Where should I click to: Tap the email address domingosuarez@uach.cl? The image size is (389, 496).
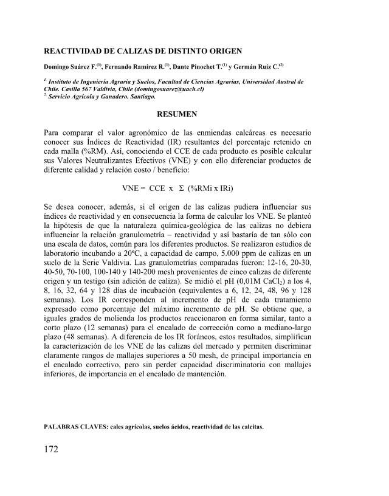click(x=164, y=89)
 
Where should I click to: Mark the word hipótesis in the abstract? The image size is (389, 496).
click(x=77, y=216)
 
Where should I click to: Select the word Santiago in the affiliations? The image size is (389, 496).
click(x=141, y=96)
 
